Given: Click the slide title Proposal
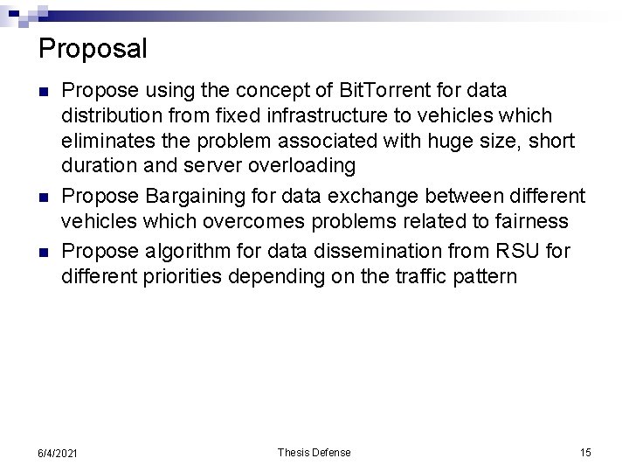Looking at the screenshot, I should coord(93,48).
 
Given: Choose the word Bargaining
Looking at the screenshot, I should coord(184,194).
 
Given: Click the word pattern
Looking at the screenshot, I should coord(486,277).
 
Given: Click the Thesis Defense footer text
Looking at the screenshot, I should coord(314,452).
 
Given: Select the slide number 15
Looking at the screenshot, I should coord(585,452).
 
